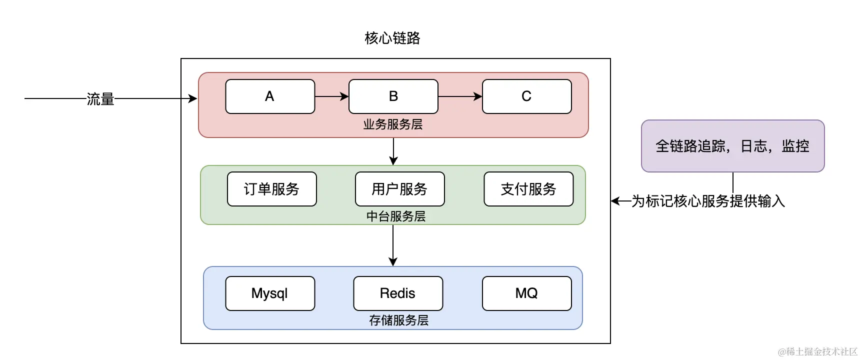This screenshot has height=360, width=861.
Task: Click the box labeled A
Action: tap(270, 96)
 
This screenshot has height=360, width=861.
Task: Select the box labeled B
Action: tap(393, 96)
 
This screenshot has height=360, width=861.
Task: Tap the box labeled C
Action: tap(526, 96)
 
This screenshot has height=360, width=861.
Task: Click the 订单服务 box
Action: tap(272, 189)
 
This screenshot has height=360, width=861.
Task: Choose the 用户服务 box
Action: tap(400, 189)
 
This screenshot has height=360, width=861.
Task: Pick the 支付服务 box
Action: tap(528, 189)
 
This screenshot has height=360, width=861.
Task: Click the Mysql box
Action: tap(270, 293)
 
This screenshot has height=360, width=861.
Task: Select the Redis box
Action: tap(398, 293)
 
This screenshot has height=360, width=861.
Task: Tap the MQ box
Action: tap(526, 293)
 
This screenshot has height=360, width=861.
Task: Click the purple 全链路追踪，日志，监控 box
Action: tap(733, 146)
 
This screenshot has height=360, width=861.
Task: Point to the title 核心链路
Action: tap(392, 38)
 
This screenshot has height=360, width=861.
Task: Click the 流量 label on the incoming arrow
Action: tap(100, 99)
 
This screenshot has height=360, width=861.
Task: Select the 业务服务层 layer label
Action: tap(393, 124)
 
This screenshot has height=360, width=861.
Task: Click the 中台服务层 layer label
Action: tap(396, 216)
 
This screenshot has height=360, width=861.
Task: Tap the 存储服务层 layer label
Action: tap(399, 320)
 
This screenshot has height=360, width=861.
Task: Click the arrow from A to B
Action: tap(332, 96)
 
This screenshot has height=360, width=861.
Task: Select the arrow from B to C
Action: tap(460, 96)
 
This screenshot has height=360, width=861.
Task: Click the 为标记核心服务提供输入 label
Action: tap(708, 201)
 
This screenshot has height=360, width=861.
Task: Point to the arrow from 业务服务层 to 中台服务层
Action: tap(393, 151)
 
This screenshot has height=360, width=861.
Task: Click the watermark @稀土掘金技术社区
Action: tap(817, 351)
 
